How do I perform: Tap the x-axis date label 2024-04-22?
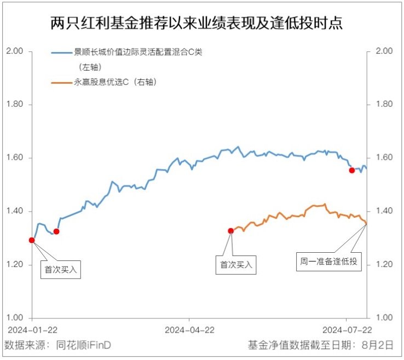click(x=189, y=330)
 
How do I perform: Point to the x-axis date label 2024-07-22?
click(x=347, y=330)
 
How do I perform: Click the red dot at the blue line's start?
click(x=32, y=240)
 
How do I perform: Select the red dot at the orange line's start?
click(x=230, y=231)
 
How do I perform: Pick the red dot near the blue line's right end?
click(x=352, y=170)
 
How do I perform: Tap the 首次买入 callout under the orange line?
click(x=236, y=265)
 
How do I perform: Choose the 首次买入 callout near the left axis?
click(x=61, y=270)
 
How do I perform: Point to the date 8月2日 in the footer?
click(x=378, y=345)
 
